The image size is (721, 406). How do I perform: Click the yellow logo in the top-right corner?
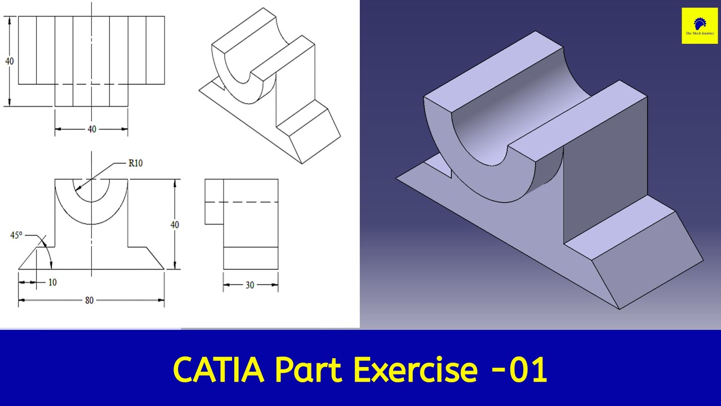pyautogui.click(x=700, y=25)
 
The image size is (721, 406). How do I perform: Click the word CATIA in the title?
pyautogui.click(x=218, y=369)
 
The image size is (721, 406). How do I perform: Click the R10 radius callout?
pyautogui.click(x=135, y=164)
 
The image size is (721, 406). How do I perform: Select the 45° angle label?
pyautogui.click(x=16, y=235)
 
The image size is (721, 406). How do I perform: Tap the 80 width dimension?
pyautogui.click(x=89, y=300)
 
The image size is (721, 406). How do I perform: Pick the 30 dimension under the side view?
pyautogui.click(x=250, y=285)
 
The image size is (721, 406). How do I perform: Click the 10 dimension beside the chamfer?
pyautogui.click(x=52, y=282)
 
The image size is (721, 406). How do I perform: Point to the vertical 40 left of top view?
pyautogui.click(x=10, y=61)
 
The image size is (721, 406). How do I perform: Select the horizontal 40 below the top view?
pyautogui.click(x=91, y=129)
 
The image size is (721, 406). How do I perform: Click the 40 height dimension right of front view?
pyautogui.click(x=175, y=224)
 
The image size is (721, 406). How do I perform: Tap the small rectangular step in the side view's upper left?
pyautogui.click(x=214, y=201)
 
